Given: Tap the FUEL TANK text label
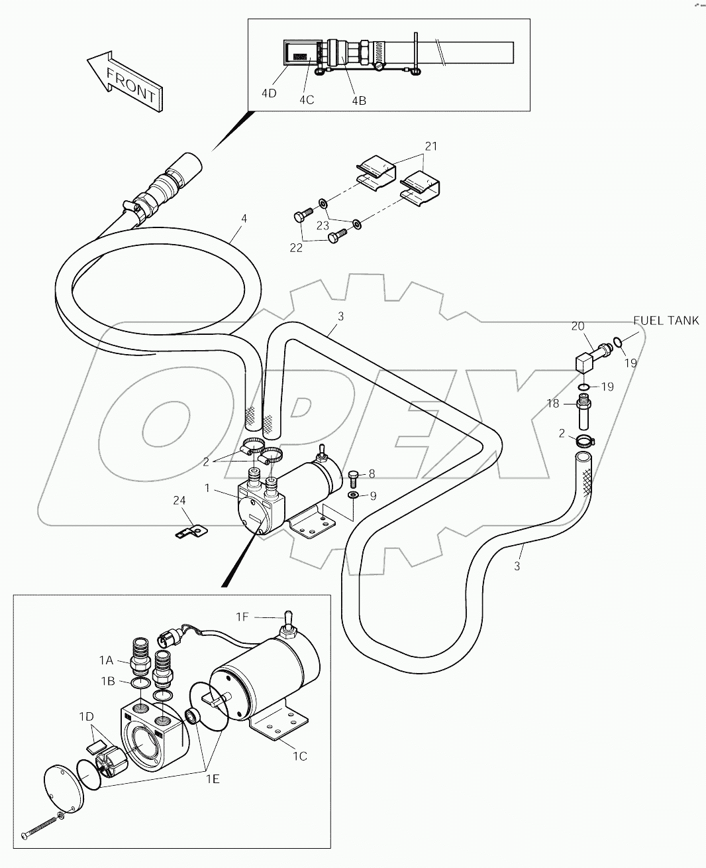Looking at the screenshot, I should (666, 320).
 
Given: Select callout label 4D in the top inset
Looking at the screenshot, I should (269, 93).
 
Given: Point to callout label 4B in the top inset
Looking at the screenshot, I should (358, 101).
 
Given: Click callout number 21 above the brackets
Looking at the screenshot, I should (431, 147).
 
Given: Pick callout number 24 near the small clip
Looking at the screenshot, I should (179, 501).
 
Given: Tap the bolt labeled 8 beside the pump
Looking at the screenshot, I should (353, 476).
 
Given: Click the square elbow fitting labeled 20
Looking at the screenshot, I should (583, 363).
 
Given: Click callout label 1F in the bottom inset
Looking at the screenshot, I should (243, 617).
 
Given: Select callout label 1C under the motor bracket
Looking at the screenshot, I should (299, 755).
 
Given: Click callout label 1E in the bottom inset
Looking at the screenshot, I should (212, 780).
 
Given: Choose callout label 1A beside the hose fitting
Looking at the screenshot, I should (107, 660).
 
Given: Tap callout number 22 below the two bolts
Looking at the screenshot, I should (296, 247).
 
